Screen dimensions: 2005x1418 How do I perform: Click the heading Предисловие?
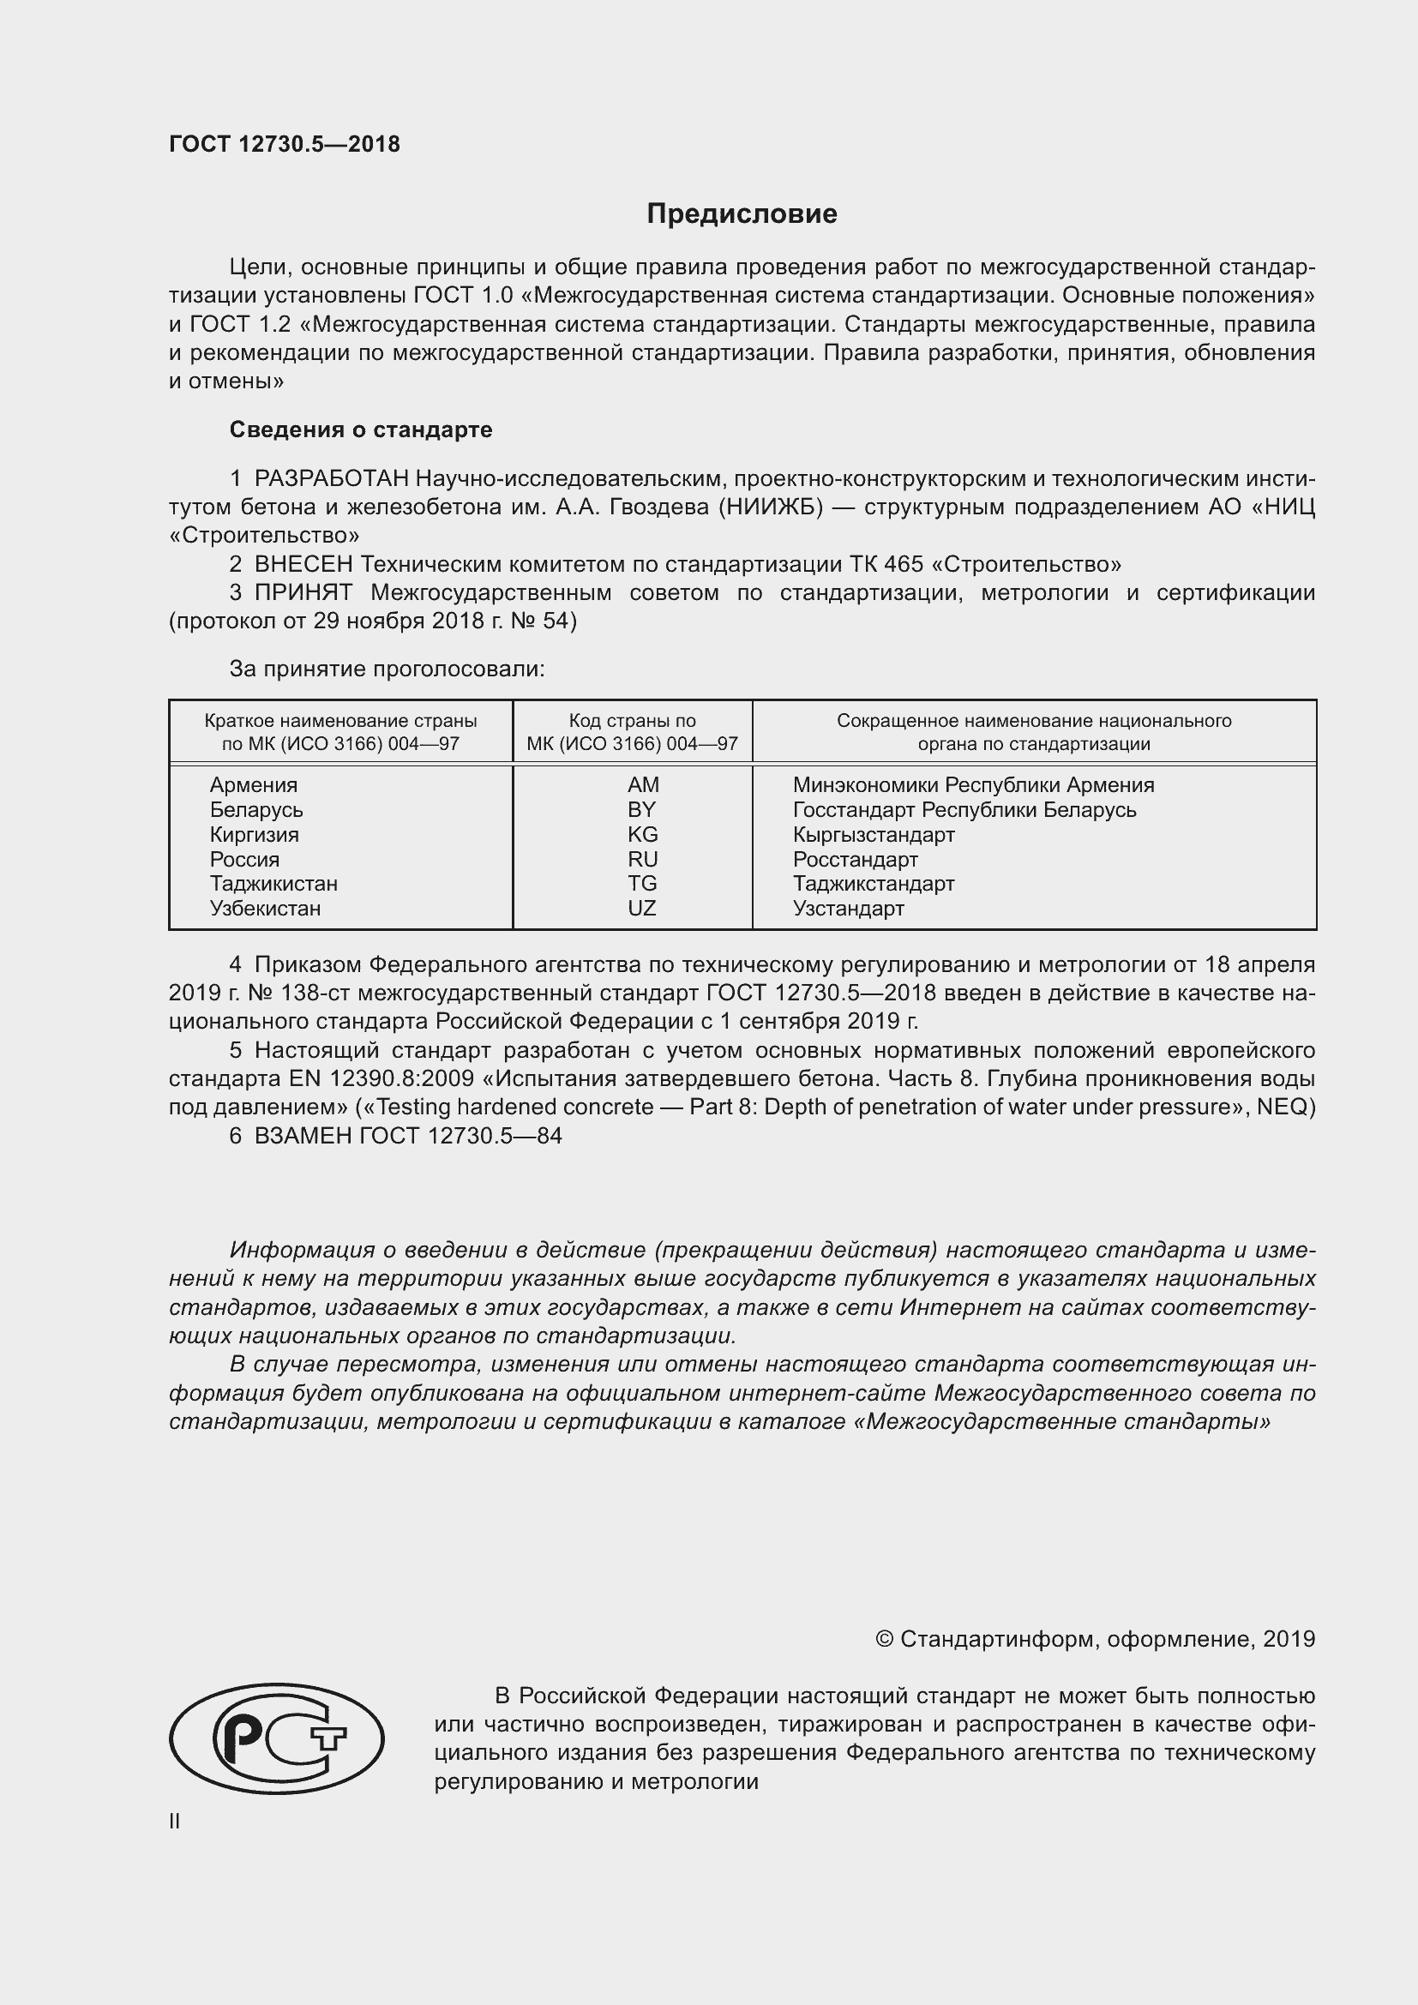[x=742, y=214]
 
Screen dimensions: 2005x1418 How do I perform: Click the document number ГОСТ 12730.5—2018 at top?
[x=285, y=144]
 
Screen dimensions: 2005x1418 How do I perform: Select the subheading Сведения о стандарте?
[x=361, y=429]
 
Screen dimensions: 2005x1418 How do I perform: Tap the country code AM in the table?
[x=643, y=785]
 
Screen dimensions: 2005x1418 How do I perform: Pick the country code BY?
[x=641, y=809]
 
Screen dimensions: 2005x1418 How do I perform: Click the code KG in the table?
[x=642, y=834]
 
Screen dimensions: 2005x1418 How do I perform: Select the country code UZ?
[x=641, y=908]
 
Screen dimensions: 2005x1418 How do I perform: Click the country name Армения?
[x=253, y=785]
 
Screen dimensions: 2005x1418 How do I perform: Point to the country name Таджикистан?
[x=273, y=884]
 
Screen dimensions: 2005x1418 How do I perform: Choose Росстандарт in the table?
[x=855, y=859]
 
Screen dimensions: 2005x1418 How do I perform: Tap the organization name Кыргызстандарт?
[x=873, y=834]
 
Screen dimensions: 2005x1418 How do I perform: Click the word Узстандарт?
[x=848, y=908]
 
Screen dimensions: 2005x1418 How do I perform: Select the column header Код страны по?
[x=632, y=721]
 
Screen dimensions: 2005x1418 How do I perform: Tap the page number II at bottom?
[x=175, y=1822]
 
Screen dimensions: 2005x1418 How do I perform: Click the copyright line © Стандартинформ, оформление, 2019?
[x=1095, y=1639]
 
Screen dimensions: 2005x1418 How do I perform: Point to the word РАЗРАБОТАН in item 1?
[x=331, y=478]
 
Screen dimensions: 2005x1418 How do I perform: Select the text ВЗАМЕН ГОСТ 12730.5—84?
[x=408, y=1135]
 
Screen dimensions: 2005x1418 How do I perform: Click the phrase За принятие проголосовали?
[x=387, y=669]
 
